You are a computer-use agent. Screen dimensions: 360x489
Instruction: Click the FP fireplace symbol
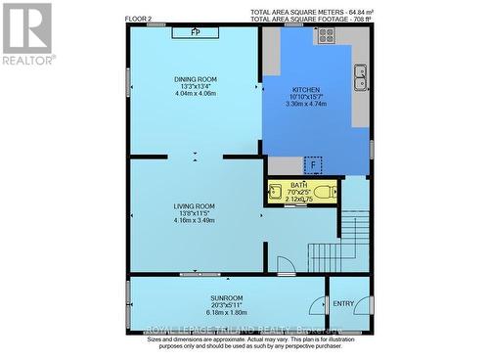(196, 32)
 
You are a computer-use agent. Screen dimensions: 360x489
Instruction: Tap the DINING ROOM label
(196, 78)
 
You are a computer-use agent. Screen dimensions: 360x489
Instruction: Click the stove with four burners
(325, 35)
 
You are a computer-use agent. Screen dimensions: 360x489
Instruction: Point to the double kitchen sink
(360, 71)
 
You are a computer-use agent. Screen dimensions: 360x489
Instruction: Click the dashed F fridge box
(313, 164)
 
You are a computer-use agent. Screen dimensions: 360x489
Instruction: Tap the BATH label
(299, 184)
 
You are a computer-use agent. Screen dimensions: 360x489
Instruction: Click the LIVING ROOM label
(195, 205)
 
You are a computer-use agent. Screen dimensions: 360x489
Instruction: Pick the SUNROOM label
(225, 296)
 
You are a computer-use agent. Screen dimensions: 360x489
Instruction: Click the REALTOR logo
(27, 34)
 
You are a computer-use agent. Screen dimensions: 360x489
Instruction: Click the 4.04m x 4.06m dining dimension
(196, 93)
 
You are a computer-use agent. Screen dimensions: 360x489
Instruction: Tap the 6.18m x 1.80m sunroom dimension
(225, 312)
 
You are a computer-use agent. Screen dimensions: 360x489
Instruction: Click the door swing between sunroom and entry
(315, 305)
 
